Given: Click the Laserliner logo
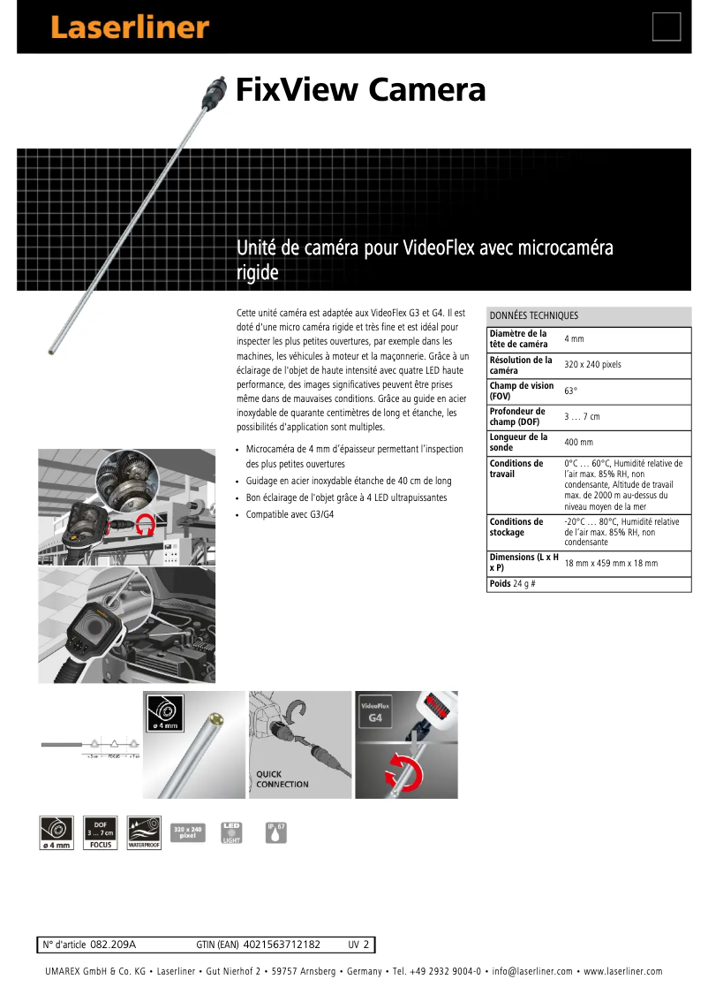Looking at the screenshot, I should [130, 28].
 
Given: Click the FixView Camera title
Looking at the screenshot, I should [360, 90].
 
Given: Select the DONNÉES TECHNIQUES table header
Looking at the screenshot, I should [534, 315].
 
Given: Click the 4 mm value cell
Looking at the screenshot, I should [574, 339].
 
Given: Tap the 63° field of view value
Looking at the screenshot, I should [571, 391].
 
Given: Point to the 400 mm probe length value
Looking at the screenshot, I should [579, 442].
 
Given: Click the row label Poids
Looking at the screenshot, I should [500, 584].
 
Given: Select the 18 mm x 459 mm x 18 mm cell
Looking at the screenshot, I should [611, 563].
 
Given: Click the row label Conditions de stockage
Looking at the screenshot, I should [516, 527].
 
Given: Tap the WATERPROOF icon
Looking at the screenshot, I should [147, 832].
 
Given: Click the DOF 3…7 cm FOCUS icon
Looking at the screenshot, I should [101, 832].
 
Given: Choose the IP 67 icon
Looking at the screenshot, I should [276, 831].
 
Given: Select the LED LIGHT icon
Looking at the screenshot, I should [231, 832].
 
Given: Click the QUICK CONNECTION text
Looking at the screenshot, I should [282, 779].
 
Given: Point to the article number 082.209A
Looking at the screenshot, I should [113, 945].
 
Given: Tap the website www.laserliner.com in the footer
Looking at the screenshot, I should [622, 972].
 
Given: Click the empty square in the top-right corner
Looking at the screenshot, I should [667, 27].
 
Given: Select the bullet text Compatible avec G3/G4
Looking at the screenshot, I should [290, 514].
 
